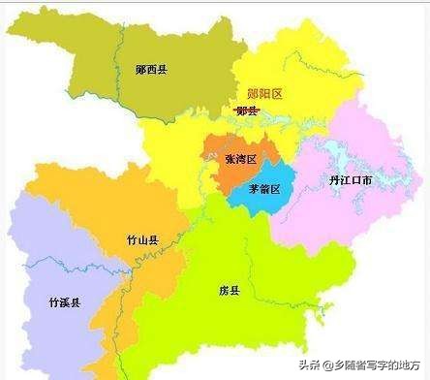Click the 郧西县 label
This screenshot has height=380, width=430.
click(151, 70)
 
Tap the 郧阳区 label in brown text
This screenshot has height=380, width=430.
click(263, 94)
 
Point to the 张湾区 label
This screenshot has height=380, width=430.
click(239, 158)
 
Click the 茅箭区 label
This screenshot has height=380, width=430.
click(263, 188)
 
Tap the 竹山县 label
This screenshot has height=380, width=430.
click(142, 239)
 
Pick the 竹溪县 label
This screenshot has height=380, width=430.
click(64, 302)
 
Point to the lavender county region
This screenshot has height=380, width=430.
click(48, 262)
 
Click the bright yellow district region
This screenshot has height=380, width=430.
click(291, 58)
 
